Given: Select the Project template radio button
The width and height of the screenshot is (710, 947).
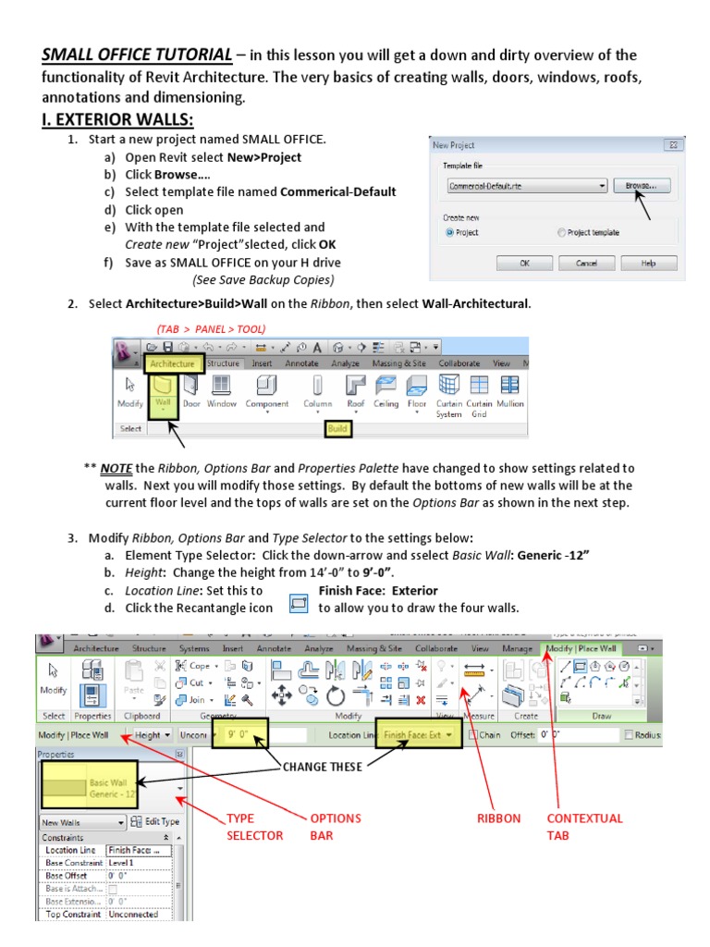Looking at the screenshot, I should [561, 233].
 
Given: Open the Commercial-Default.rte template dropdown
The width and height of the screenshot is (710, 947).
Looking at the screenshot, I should [602, 186].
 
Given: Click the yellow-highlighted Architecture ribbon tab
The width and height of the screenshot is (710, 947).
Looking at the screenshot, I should [172, 363].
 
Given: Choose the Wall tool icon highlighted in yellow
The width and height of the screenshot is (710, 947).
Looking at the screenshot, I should [163, 391].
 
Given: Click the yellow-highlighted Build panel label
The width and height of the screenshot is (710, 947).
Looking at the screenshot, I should [337, 429].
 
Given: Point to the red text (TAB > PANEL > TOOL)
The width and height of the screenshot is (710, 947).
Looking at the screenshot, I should [211, 328].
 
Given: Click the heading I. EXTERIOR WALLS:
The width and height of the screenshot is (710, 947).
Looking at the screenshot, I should [118, 121].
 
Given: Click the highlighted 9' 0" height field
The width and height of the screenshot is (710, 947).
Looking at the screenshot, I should [240, 736].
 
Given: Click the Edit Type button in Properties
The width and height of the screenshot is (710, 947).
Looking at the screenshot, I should [155, 821].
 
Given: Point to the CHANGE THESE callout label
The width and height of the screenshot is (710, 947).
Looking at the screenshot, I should [322, 767].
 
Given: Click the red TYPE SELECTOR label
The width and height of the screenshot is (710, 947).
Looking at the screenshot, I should [254, 827].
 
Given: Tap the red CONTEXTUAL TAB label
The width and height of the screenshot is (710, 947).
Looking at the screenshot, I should [584, 827].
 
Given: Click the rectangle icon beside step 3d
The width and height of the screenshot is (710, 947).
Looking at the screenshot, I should [299, 607].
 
